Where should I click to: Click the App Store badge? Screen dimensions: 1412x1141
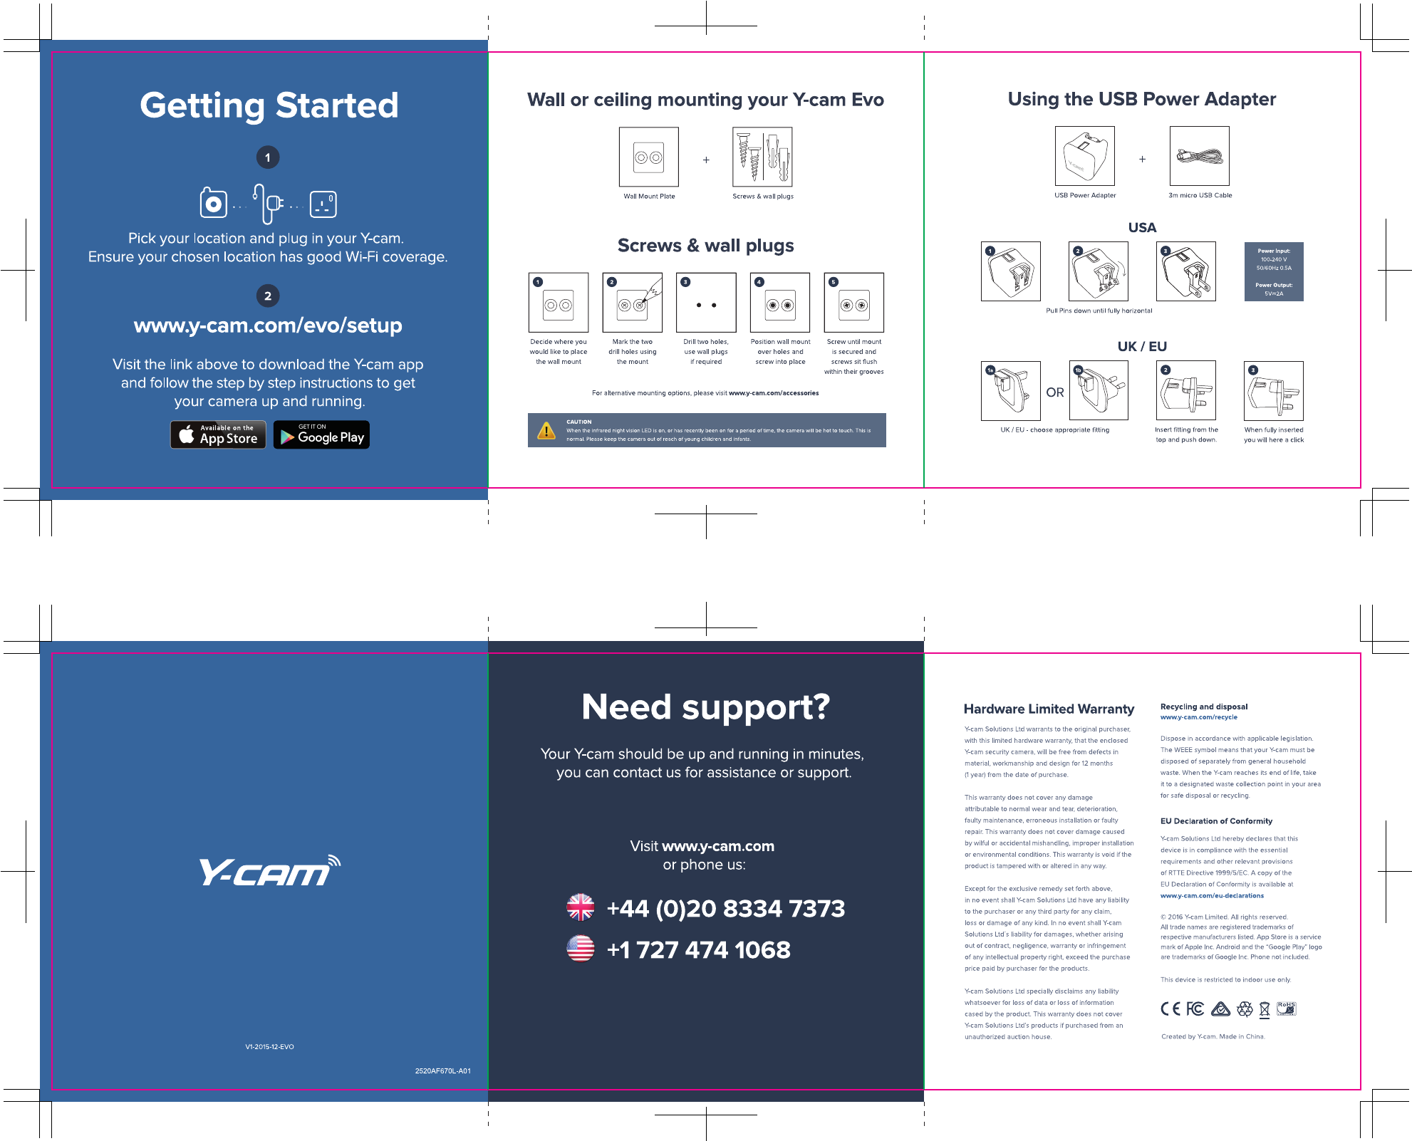(218, 434)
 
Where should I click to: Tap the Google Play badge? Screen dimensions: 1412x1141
(321, 435)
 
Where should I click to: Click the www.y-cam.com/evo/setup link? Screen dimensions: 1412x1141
(268, 325)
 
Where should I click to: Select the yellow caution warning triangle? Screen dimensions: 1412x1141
(546, 431)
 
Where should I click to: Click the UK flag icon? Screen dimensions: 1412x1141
(581, 907)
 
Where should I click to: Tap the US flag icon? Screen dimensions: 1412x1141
(581, 949)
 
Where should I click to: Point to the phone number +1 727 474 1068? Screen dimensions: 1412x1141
(698, 949)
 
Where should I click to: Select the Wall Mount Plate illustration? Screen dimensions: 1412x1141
(649, 157)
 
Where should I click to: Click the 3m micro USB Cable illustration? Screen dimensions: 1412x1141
(1200, 157)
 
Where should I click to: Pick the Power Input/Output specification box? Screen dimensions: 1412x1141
(1274, 271)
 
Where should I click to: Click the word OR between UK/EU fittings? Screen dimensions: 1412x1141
(1055, 392)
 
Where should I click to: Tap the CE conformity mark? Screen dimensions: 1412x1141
(1170, 1009)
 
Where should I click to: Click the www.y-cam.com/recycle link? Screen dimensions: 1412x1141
(1198, 717)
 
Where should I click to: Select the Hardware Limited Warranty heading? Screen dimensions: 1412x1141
(1049, 709)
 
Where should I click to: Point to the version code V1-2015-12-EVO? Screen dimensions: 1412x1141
(269, 1047)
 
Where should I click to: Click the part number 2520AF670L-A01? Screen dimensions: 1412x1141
(442, 1070)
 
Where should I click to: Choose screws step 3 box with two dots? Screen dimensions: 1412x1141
(706, 303)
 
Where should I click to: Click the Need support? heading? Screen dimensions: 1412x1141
(705, 707)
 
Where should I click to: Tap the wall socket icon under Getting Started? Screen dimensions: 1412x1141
(323, 204)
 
